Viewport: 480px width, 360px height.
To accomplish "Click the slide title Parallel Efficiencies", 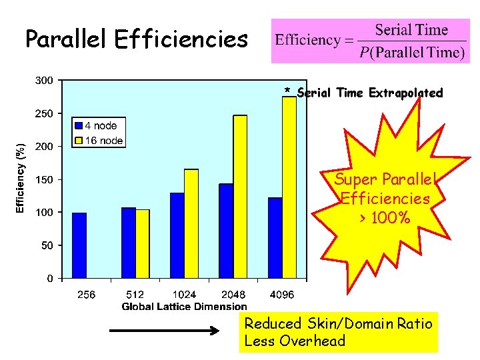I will [136, 40].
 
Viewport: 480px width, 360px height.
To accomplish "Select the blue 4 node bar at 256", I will [79, 245].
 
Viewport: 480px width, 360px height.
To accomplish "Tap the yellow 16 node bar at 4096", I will [289, 187].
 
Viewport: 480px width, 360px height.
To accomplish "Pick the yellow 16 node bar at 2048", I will [240, 196].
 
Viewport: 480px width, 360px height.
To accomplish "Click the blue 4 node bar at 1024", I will [177, 235].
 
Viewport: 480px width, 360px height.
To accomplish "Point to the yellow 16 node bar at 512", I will [143, 243].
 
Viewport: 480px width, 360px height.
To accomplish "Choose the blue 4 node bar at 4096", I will [275, 237].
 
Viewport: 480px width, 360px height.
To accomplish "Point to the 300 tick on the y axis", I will [45, 81].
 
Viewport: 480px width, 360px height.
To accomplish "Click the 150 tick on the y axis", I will [45, 179].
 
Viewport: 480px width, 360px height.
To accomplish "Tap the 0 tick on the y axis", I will [50, 278].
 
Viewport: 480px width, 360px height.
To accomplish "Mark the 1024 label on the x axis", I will [184, 295].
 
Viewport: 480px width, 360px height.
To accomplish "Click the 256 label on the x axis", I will [86, 295].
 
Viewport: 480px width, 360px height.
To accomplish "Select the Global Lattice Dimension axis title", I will [184, 307].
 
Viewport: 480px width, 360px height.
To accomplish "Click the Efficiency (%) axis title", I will [21, 178].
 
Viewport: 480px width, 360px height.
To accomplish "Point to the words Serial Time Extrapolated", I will [369, 93].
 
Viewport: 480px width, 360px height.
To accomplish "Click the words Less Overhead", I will [295, 341].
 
